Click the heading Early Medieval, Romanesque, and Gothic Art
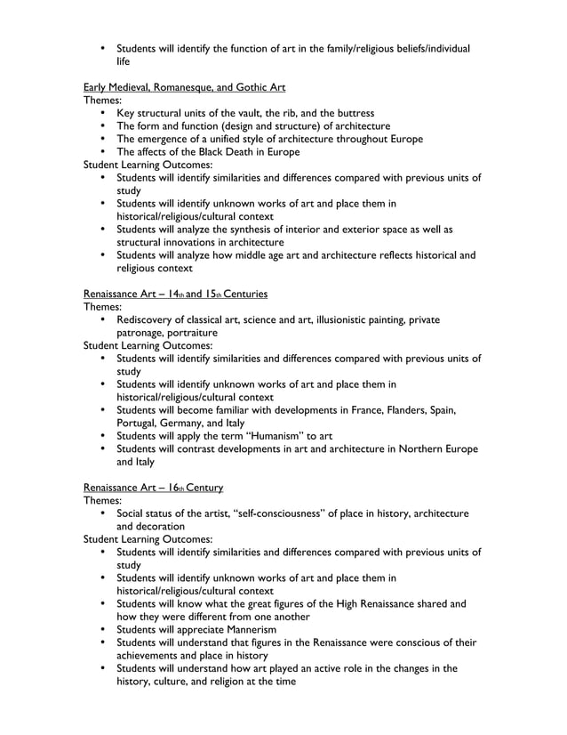click(x=184, y=87)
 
